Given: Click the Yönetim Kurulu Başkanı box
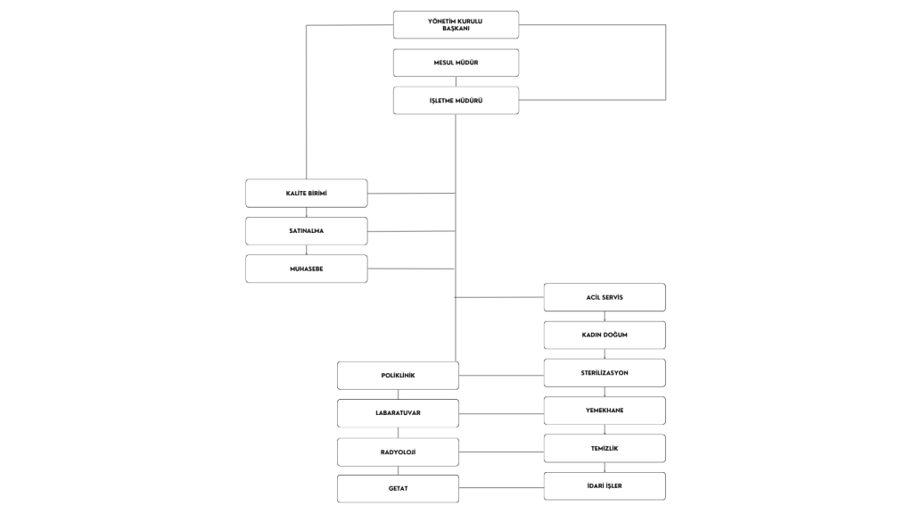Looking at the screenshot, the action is [x=456, y=25].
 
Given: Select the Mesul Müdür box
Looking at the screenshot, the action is [x=456, y=63].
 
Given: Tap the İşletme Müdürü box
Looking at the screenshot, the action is [x=456, y=100].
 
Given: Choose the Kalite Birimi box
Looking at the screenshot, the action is [x=307, y=194].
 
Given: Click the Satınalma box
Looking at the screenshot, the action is [x=307, y=231].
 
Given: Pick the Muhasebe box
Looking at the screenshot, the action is [x=307, y=269].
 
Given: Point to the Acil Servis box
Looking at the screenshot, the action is [x=605, y=297].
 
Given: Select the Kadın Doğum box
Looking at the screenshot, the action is [x=605, y=336].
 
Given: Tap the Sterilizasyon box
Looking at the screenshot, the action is [x=605, y=373].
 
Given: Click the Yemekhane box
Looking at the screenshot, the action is [x=605, y=410].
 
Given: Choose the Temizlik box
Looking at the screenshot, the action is [x=605, y=449].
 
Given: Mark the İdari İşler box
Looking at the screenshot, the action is [x=605, y=486].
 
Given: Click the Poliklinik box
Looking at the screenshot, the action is [x=398, y=376].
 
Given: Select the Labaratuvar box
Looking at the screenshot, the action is [x=398, y=413].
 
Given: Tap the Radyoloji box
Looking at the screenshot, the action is [x=398, y=452].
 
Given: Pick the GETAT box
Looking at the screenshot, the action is [x=398, y=489].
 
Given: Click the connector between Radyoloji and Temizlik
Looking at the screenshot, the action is [x=501, y=452].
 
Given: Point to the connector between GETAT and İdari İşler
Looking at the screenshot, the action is [x=501, y=488].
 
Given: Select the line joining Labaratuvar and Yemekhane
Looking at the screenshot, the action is [x=501, y=414].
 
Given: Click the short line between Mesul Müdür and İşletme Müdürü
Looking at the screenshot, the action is [x=456, y=81].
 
